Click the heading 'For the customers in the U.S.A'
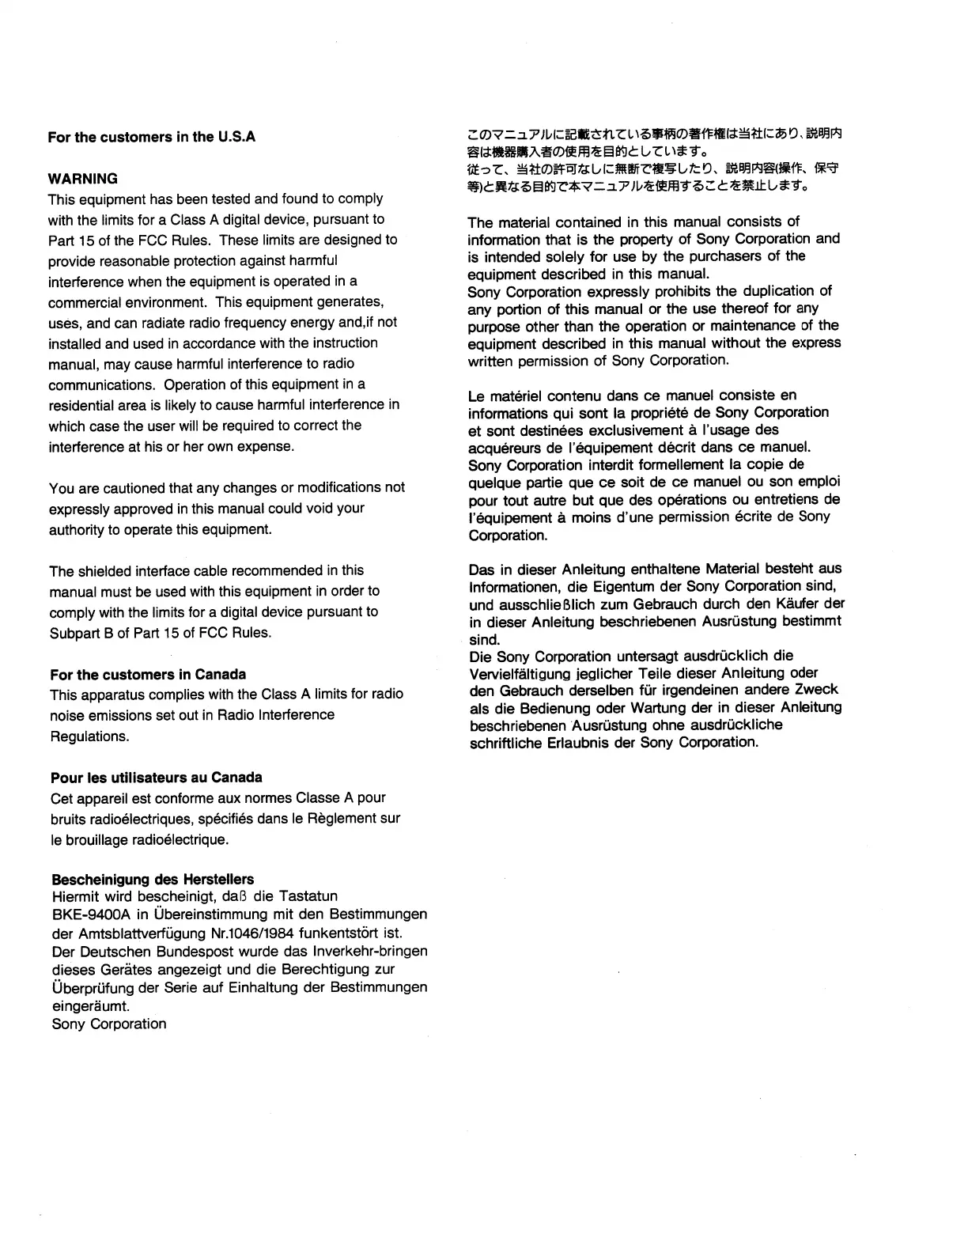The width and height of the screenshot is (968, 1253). click(x=151, y=137)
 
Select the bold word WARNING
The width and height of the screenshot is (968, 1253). click(x=82, y=179)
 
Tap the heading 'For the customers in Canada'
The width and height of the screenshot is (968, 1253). click(x=148, y=675)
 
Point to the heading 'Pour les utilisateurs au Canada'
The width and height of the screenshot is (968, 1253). click(x=156, y=778)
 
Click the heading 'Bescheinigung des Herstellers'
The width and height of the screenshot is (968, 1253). click(x=153, y=880)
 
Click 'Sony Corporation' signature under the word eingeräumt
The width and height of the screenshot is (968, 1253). click(x=109, y=1024)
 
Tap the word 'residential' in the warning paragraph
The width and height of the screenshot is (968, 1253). click(x=81, y=405)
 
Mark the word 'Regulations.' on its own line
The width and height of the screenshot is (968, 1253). click(x=89, y=736)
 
